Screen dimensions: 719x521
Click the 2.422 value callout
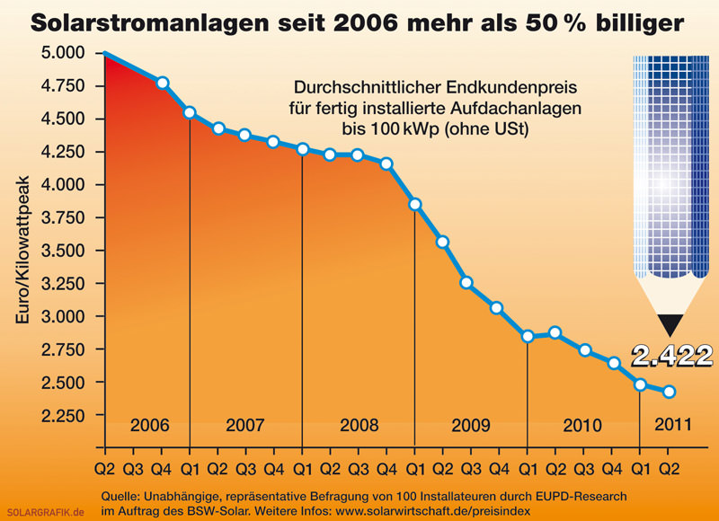[672, 356]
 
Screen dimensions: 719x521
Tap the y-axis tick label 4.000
[63, 185]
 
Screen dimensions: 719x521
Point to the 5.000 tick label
[63, 53]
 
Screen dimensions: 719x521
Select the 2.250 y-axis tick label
[63, 416]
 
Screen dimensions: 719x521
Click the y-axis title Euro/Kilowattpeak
[22, 250]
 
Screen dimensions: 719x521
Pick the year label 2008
[359, 425]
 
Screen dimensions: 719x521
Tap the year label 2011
[672, 424]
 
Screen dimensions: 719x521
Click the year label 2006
[150, 425]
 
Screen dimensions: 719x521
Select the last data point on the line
[669, 392]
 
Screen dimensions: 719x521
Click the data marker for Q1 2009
[415, 205]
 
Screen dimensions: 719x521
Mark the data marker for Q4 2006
[163, 83]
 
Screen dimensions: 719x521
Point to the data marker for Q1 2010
[528, 336]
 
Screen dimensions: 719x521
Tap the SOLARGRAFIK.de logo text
[46, 512]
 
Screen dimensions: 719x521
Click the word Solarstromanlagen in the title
[149, 22]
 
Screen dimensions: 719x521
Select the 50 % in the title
[555, 22]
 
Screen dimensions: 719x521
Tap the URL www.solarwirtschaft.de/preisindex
[433, 511]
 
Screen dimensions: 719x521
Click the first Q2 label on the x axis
[105, 469]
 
